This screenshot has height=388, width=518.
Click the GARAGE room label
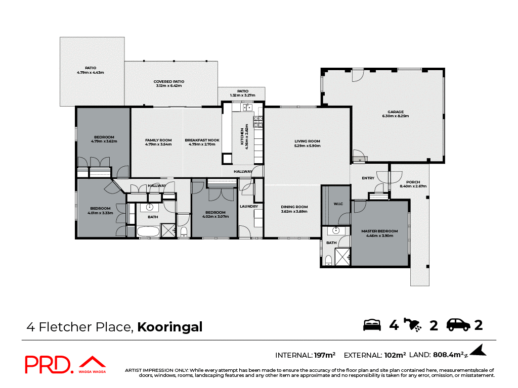pyautogui.click(x=396, y=112)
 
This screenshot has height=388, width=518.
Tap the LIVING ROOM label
pyautogui.click(x=308, y=141)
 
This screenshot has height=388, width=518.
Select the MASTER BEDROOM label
pyautogui.click(x=379, y=231)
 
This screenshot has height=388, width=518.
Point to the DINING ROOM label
pyautogui.click(x=294, y=207)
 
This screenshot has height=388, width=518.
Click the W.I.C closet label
pyautogui.click(x=338, y=204)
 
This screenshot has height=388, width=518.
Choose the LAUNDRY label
pyautogui.click(x=249, y=206)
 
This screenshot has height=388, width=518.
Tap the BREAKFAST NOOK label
pyautogui.click(x=202, y=140)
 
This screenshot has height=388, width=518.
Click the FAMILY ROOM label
pyautogui.click(x=158, y=140)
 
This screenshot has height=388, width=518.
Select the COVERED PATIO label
pyautogui.click(x=169, y=81)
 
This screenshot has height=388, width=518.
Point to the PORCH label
pyautogui.click(x=413, y=182)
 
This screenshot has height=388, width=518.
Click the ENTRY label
pyautogui.click(x=368, y=178)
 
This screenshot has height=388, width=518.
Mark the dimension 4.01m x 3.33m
pyautogui.click(x=100, y=213)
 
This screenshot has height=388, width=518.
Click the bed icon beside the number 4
pyautogui.click(x=372, y=325)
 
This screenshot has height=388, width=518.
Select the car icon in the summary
pyautogui.click(x=458, y=325)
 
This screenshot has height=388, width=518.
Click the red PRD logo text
pyautogui.click(x=49, y=365)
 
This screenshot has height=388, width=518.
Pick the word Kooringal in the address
pyautogui.click(x=170, y=327)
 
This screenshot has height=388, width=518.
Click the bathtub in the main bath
pyautogui.click(x=148, y=232)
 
